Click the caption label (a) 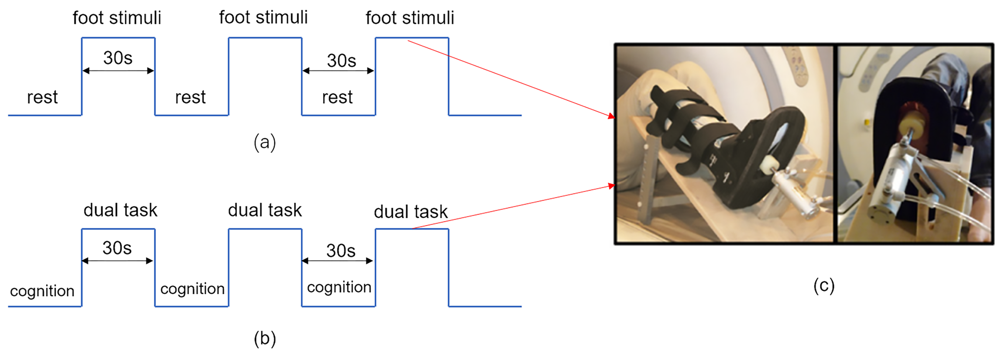pos(265,142)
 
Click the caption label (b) pos(265,338)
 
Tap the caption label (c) pos(823,285)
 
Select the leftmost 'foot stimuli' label pos(117,18)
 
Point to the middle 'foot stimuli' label pos(263,17)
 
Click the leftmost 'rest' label pos(42,97)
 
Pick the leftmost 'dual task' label pos(120,210)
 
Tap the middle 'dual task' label pos(265,210)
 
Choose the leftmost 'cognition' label pos(42,291)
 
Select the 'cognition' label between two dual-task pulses pos(192,289)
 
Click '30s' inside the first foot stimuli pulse pos(118,58)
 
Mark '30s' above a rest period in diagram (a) pos(341,60)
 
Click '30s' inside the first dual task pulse pos(117,248)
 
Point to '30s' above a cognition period pos(341,251)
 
